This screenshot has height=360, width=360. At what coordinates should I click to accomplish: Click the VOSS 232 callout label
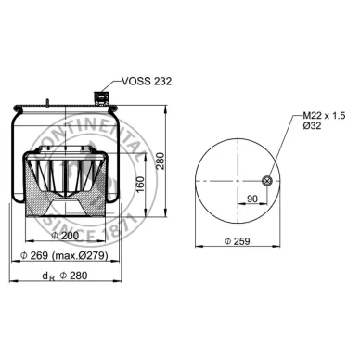(147, 82)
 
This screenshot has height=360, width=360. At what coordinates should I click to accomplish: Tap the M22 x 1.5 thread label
(325, 116)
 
